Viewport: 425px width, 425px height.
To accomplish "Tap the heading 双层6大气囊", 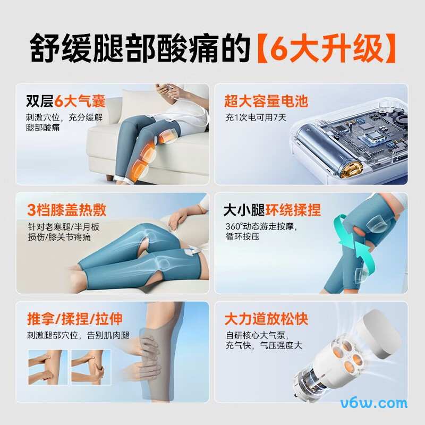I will point(66,101).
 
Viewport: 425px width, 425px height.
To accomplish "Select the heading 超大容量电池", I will point(266,101).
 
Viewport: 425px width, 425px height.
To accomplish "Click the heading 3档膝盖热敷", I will point(66,209).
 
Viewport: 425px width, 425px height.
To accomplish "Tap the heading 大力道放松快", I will point(266,319).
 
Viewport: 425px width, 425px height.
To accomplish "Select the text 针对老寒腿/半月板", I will point(63,226).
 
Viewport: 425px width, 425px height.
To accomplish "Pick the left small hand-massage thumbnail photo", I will point(47,367).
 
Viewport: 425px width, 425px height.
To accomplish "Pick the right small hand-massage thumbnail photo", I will point(90,367).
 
